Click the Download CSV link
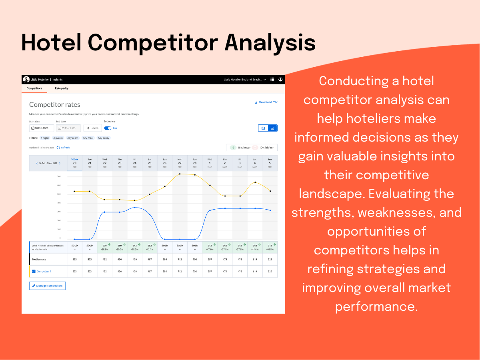click(x=266, y=102)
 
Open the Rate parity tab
click(x=62, y=88)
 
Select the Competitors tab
click(x=34, y=88)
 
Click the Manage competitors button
click(x=48, y=286)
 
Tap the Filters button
click(x=92, y=128)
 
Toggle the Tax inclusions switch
click(x=108, y=128)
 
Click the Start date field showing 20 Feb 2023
click(x=42, y=128)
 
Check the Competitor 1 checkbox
click(x=34, y=271)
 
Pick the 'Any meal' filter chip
click(x=88, y=138)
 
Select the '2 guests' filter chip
click(x=58, y=138)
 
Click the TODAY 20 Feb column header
click(x=74, y=163)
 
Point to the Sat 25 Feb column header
click(x=150, y=163)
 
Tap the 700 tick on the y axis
click(x=59, y=176)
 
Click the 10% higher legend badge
click(x=264, y=148)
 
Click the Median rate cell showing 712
click(x=180, y=259)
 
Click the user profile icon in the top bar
click(x=280, y=80)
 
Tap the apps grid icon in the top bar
click(x=272, y=80)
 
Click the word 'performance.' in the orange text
click(x=376, y=306)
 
